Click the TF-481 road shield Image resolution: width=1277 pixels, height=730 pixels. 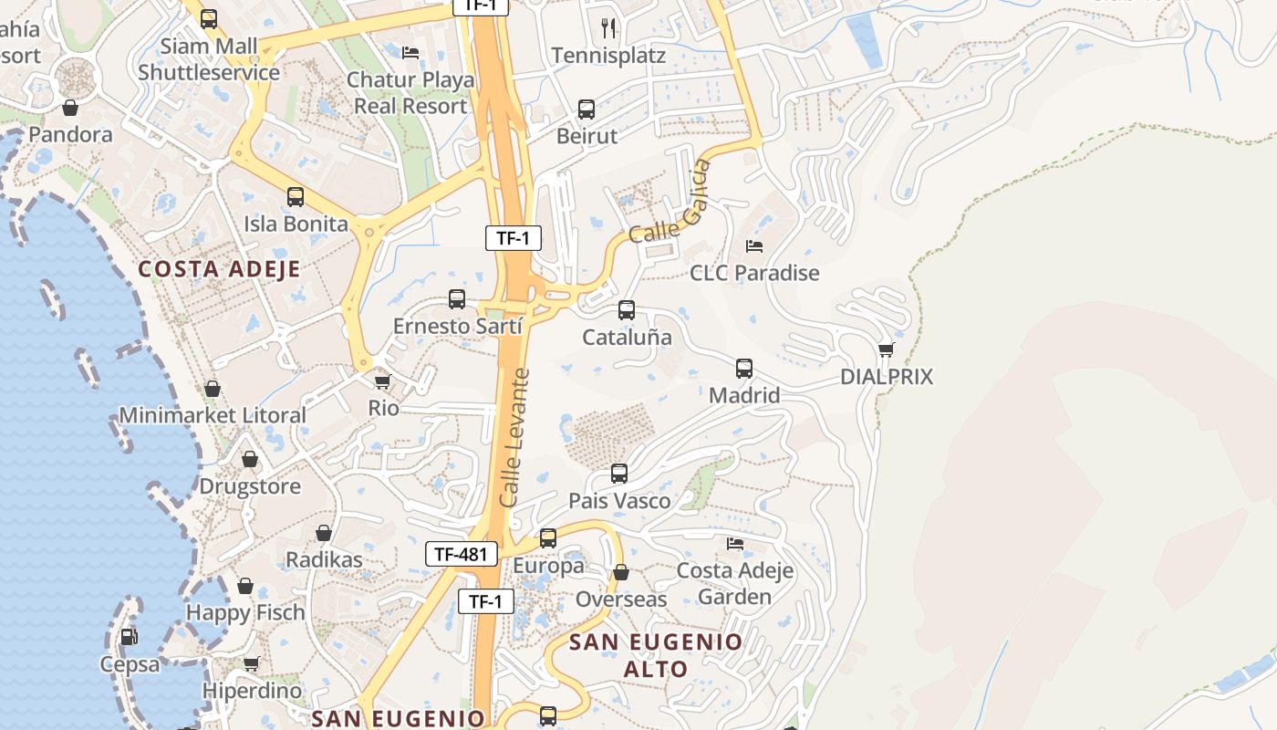coord(462,554)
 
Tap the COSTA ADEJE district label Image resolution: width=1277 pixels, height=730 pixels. coord(219,269)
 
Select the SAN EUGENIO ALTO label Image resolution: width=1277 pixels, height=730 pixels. coord(656,655)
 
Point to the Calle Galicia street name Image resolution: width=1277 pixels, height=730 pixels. coord(670,203)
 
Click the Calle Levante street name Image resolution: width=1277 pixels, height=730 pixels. coord(515,438)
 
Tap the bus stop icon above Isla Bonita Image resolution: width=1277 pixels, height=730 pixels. coord(296,196)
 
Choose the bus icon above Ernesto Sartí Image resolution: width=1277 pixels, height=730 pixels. coord(457,298)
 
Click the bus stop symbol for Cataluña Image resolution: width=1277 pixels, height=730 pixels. coord(627,310)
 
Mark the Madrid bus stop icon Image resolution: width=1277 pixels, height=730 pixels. coord(744,369)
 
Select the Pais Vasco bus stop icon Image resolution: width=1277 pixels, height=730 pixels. coord(619,474)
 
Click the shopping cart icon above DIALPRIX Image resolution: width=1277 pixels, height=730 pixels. coord(886,349)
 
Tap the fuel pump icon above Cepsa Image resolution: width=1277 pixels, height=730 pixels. coord(130,637)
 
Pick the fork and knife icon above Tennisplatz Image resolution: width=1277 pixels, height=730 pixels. coord(608,28)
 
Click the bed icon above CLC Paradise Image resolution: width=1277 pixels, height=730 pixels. coord(754,246)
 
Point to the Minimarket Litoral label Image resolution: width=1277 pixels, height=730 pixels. coord(213,416)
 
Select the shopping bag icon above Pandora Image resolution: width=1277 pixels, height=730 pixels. coord(70,109)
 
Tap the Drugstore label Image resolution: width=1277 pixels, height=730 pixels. coord(250,486)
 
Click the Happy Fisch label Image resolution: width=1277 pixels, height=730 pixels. coord(245,612)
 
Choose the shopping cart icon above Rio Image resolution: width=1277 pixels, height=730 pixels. coord(383,381)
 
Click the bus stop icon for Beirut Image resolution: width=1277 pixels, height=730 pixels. coord(587,109)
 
